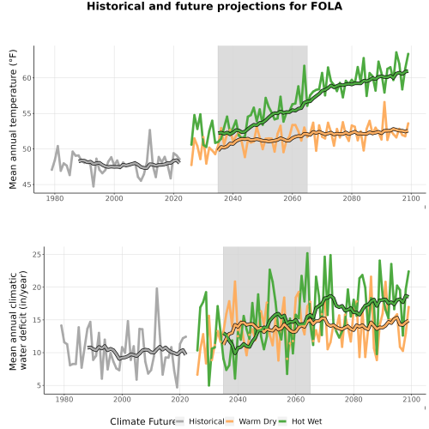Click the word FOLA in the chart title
(327, 6)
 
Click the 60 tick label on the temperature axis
(27, 78)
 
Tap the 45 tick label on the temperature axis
(27, 184)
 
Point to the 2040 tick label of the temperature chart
(233, 198)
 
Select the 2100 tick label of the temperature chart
(411, 198)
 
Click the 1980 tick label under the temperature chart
(55, 198)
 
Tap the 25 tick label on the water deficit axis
(37, 254)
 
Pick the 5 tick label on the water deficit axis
(39, 385)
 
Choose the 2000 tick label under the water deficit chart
(122, 399)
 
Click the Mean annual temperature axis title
(13, 119)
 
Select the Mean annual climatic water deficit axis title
(18, 320)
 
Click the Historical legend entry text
(207, 421)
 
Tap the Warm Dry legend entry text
(257, 421)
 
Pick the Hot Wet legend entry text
(306, 421)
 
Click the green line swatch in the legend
(282, 421)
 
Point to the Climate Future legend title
(142, 421)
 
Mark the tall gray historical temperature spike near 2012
(149, 130)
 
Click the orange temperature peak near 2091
(384, 102)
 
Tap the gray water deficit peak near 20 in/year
(157, 288)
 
